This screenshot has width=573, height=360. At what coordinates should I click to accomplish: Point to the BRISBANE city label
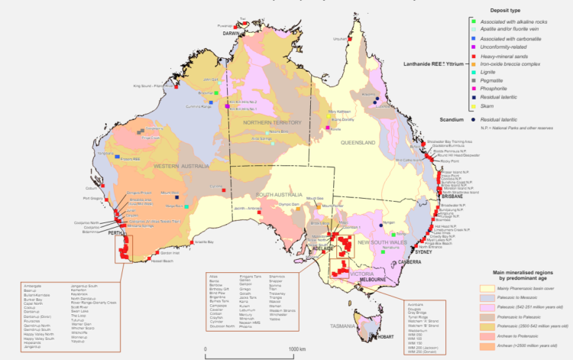[451, 196]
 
